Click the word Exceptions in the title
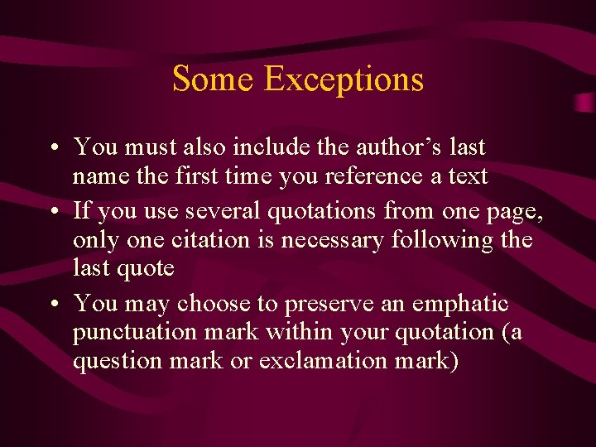344,79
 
